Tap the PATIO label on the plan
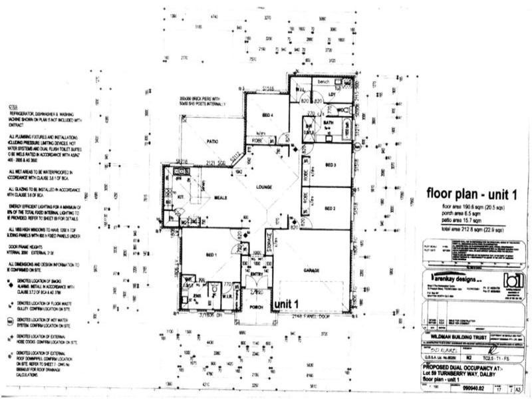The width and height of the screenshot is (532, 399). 213,141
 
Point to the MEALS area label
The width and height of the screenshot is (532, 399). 222,196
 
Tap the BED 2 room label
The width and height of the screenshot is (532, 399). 329,208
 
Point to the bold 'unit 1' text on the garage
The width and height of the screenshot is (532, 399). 289,303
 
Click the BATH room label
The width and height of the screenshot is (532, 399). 328,123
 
